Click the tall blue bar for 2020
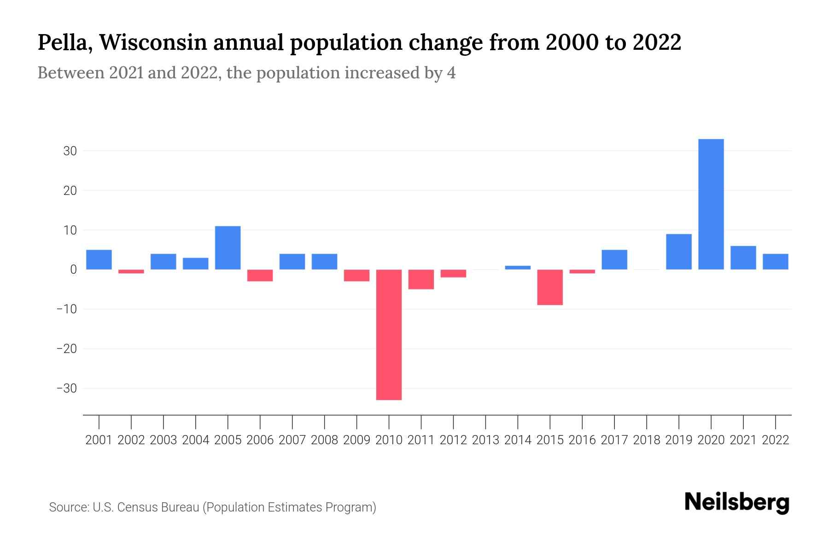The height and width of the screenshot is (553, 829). (711, 204)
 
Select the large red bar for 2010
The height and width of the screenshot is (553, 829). (389, 335)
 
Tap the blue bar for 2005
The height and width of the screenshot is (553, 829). (228, 247)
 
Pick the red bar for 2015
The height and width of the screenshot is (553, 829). (550, 287)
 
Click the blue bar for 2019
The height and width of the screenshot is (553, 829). (678, 252)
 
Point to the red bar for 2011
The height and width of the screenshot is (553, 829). (421, 279)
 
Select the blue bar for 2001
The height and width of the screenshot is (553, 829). (99, 259)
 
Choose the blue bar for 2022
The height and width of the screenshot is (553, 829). (775, 261)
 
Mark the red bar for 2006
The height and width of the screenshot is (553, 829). (260, 275)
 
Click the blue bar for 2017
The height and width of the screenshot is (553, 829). (614, 259)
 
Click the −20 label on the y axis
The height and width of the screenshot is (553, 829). (66, 349)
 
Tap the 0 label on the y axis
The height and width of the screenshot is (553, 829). (73, 270)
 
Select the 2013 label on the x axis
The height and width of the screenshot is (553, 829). (485, 440)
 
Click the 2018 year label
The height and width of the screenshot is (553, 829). (646, 440)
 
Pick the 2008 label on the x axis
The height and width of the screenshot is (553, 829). (324, 440)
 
